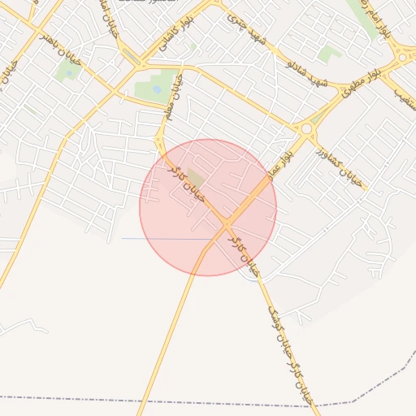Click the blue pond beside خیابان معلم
[156, 89]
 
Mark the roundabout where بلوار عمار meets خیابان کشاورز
[307, 128]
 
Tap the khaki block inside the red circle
[195, 175]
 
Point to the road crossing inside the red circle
[227, 221]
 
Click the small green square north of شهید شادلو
[328, 54]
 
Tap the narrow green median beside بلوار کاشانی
[130, 56]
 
